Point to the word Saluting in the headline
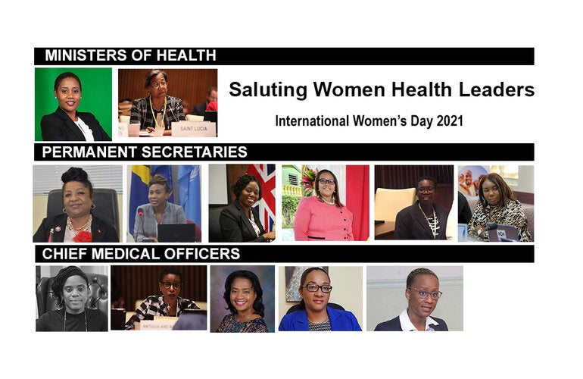(269, 89)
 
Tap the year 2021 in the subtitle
(447, 121)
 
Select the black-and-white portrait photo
(72, 298)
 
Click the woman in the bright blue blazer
(318, 303)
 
